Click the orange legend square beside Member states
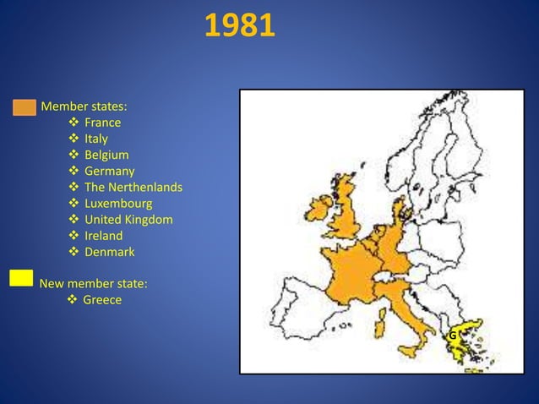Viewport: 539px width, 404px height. (x=24, y=107)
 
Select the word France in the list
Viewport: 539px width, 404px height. (x=102, y=123)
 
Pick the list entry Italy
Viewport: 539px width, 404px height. (x=95, y=139)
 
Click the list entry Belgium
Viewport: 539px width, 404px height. (x=106, y=155)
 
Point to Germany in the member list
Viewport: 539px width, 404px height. (x=109, y=171)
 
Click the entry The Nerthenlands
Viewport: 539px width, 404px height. (x=133, y=187)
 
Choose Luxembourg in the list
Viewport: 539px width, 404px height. (x=117, y=203)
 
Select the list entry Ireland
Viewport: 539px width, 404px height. (x=103, y=236)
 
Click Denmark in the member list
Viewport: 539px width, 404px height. (x=109, y=252)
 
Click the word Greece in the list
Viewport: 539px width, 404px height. (x=101, y=300)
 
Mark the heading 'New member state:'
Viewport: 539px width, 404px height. (x=93, y=284)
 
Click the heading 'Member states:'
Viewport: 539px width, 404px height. (x=84, y=106)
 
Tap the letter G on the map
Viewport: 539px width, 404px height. (x=453, y=336)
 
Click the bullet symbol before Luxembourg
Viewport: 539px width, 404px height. (x=73, y=204)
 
